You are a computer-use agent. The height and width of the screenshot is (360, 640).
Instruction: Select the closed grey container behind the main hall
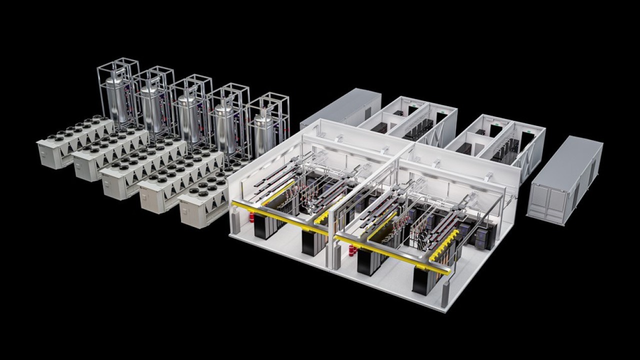pyautogui.click(x=340, y=107)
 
